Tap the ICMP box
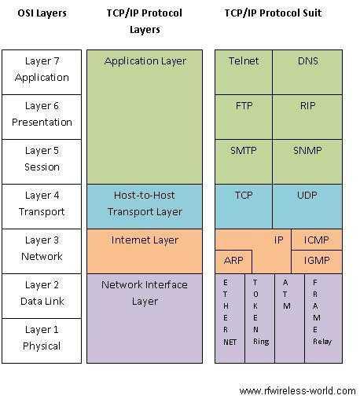(317, 240)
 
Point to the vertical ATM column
(288, 318)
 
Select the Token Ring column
(259, 318)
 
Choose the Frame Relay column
(321, 318)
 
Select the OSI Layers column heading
(42, 13)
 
